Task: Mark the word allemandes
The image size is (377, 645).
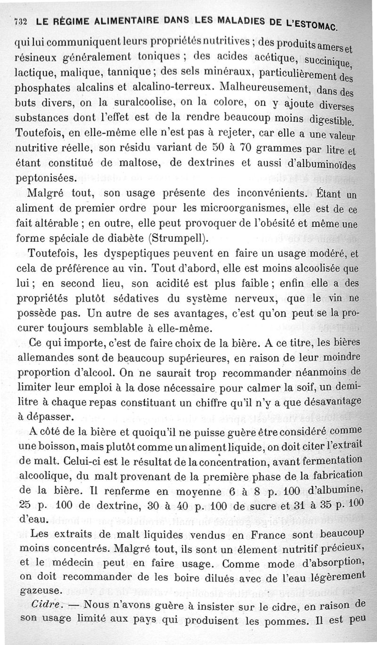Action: click(x=45, y=358)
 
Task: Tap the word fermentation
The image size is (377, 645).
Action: click(x=336, y=461)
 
